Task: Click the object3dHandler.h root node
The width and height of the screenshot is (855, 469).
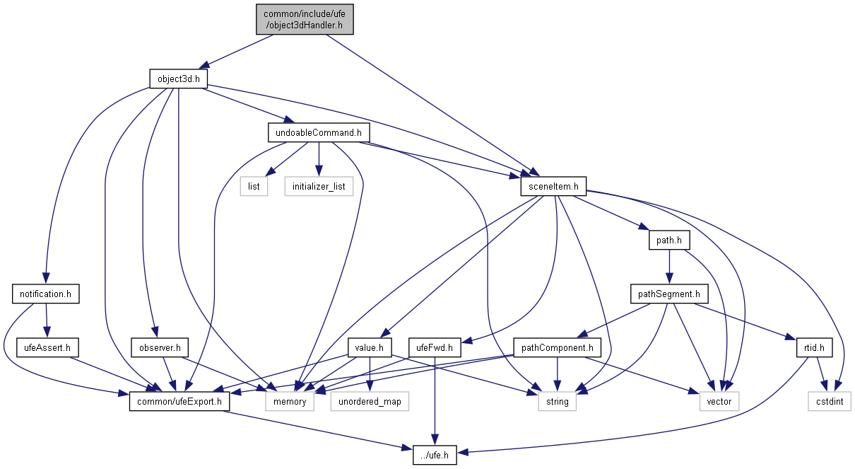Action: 305,18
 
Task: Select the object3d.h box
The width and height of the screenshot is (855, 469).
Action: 178,79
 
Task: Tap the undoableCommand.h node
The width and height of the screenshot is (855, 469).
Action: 318,132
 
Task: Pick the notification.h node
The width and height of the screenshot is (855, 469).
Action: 45,293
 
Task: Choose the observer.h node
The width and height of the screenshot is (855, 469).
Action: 160,348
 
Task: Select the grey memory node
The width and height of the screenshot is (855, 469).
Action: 290,403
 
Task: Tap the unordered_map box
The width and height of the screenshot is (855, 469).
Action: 370,403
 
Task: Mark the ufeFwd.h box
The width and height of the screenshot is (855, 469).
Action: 435,348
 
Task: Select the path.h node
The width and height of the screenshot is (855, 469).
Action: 668,241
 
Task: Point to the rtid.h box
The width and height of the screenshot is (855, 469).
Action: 815,348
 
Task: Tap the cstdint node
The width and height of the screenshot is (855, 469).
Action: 830,403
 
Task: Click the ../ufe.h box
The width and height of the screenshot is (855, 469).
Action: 435,456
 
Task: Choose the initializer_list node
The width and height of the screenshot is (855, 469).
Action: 319,187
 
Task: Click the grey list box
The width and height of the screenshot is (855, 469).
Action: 254,187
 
